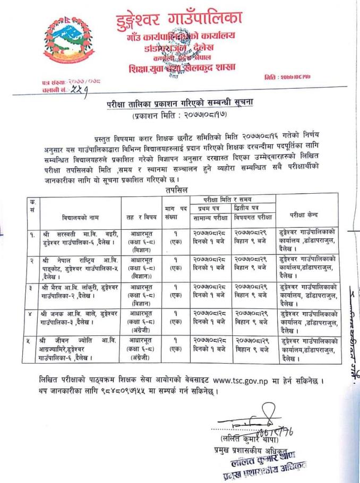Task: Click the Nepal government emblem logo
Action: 68,42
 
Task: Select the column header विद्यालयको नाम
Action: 74,217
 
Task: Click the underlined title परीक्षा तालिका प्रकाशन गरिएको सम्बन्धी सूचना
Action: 179,104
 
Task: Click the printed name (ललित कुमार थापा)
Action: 245,439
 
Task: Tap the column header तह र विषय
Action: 140,217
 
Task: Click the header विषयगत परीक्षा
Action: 254,218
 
